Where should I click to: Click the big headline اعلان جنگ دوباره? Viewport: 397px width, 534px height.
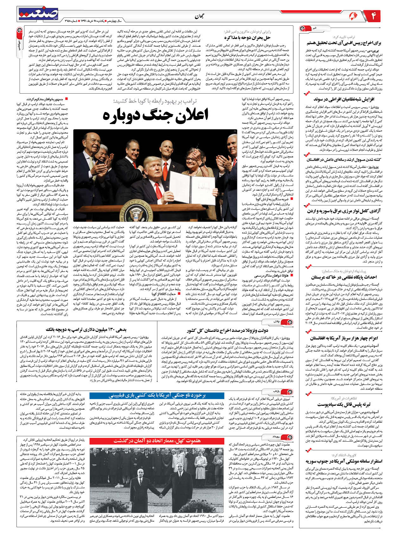click(x=155, y=115)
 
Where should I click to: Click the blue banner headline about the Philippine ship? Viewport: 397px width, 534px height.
click(x=157, y=396)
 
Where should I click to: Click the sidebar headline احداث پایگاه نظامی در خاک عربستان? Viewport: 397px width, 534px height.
click(x=344, y=277)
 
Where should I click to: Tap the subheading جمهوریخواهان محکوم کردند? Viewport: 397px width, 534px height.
click(x=45, y=99)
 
